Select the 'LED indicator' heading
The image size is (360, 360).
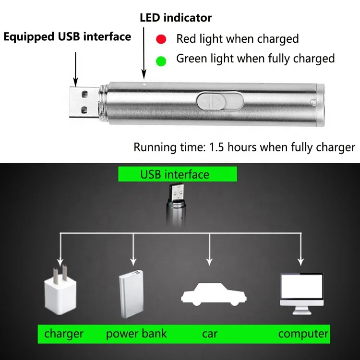[175, 18]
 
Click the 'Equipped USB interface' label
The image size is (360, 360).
[67, 37]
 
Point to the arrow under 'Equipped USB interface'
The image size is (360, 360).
[75, 67]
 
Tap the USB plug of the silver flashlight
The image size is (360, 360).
[82, 102]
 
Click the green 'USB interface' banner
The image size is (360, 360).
[177, 174]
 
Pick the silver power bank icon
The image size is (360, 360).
[132, 294]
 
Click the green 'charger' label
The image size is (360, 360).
[64, 334]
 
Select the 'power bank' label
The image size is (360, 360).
[136, 334]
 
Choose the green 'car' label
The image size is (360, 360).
[210, 334]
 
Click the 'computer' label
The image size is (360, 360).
[303, 334]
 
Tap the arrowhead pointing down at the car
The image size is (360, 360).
[209, 262]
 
